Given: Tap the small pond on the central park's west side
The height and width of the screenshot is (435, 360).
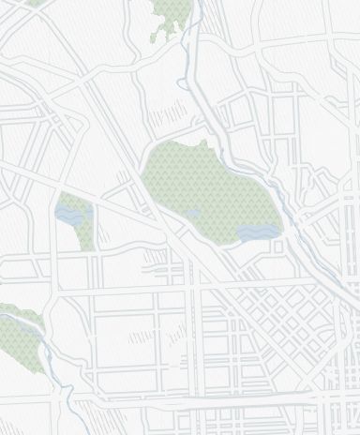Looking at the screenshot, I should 193,215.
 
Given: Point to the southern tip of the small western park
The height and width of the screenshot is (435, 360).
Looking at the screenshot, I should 89,247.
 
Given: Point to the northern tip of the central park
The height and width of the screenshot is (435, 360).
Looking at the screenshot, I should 202,143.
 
